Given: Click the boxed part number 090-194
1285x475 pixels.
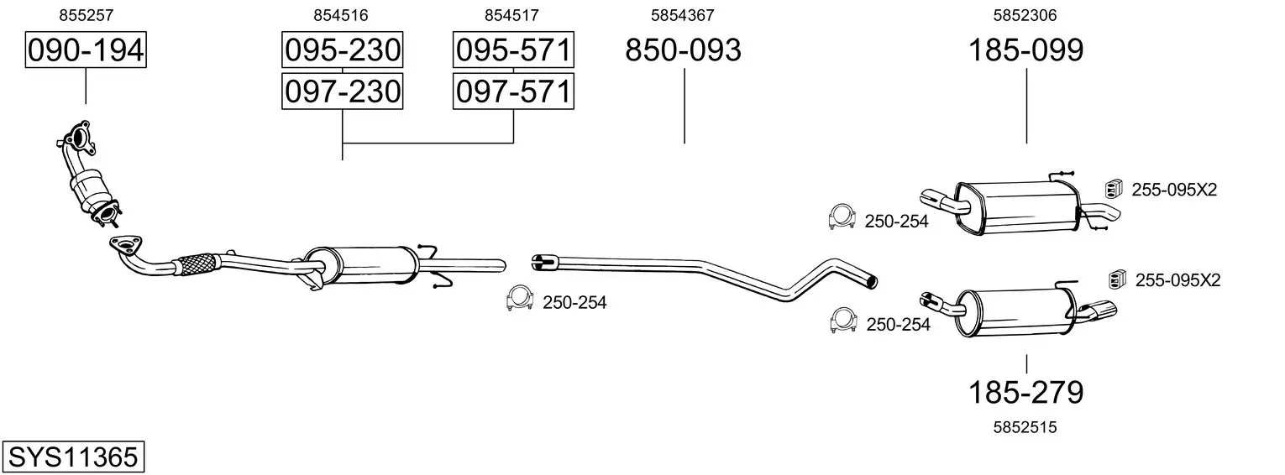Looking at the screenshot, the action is point(86,50).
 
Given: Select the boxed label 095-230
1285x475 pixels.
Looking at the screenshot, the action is point(342,50).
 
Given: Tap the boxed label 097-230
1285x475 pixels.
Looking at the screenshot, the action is point(342,91).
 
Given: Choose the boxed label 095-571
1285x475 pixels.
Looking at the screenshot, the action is point(513,50).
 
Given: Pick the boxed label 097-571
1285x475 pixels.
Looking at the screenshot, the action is point(513,91).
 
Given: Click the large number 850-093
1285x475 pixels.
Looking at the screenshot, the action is point(683,50).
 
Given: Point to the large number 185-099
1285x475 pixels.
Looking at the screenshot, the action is point(1025,50).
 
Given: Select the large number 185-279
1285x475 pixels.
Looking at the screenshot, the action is point(1025,393).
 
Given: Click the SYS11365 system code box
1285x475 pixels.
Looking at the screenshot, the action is point(73,457).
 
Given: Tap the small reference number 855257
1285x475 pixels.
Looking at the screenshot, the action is point(86,15).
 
